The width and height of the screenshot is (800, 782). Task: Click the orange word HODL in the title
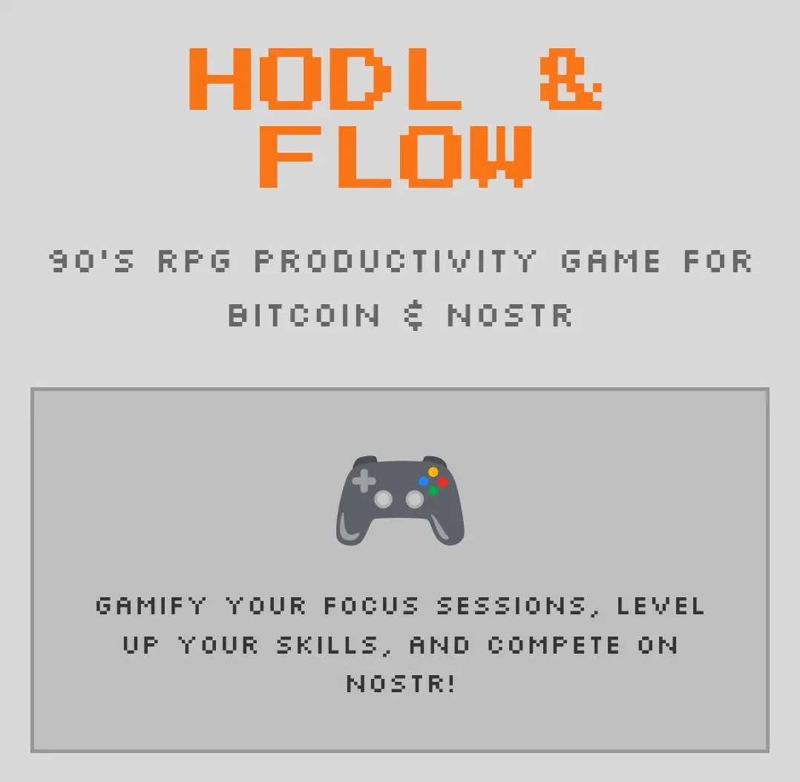click(x=326, y=79)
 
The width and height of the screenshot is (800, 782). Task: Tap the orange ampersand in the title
click(x=571, y=79)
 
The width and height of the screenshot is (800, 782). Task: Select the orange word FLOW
click(x=396, y=157)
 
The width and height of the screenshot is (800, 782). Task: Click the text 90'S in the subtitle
click(x=92, y=261)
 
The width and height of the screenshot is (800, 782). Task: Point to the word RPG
click(x=194, y=261)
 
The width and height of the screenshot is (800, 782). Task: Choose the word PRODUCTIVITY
click(x=396, y=261)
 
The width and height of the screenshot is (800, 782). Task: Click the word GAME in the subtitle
click(x=610, y=261)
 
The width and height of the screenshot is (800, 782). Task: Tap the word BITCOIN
click(x=304, y=315)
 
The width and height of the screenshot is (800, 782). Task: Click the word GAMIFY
click(x=151, y=606)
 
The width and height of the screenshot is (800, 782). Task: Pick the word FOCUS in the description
click(x=371, y=606)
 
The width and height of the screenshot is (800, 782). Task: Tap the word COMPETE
click(x=554, y=645)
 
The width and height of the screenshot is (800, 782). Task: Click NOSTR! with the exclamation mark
click(x=401, y=684)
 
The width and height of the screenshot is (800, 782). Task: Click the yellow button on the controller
click(x=433, y=472)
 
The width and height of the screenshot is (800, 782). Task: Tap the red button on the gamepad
click(x=442, y=482)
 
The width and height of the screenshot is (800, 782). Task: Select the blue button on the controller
click(x=424, y=481)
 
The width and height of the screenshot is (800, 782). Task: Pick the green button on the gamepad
click(x=433, y=490)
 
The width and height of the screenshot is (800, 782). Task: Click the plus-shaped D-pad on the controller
click(x=364, y=481)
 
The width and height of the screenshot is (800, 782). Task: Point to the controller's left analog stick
click(x=383, y=499)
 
